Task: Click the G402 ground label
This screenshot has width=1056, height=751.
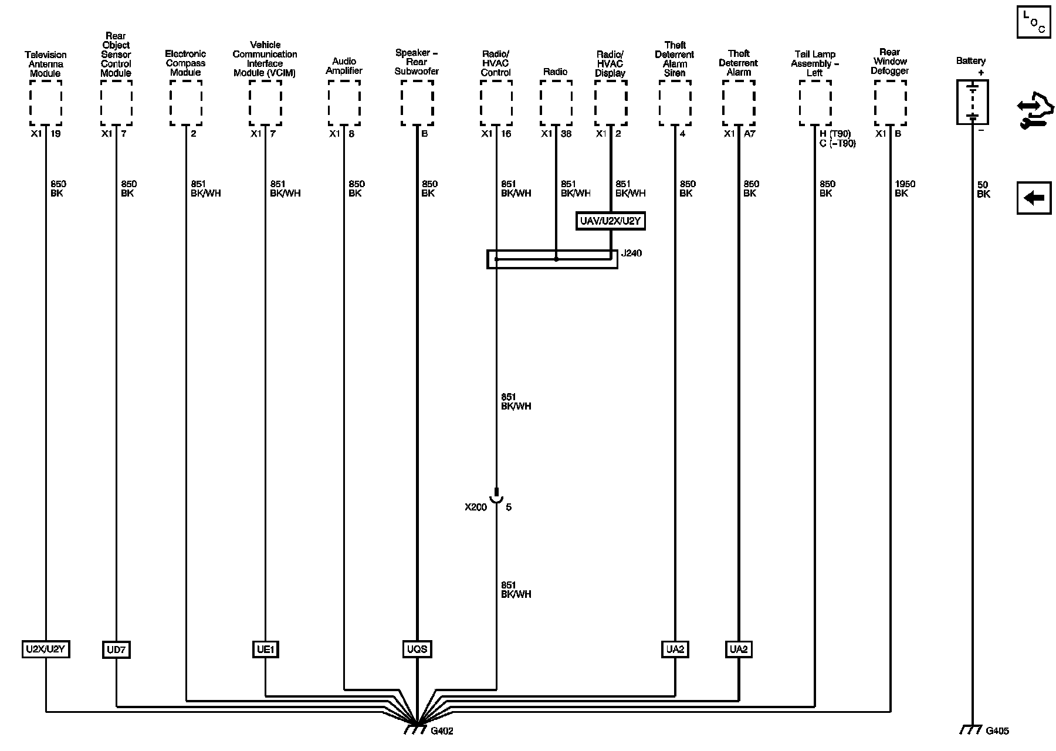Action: (442, 731)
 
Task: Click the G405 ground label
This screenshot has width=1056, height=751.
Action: (997, 731)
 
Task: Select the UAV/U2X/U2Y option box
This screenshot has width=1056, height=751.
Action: (611, 221)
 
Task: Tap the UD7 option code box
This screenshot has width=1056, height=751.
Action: (116, 649)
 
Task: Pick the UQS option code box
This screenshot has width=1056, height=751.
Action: (417, 649)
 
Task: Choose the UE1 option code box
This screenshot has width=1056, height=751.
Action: (265, 649)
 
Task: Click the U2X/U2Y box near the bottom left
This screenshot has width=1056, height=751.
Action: (46, 649)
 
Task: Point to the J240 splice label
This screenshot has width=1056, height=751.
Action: (631, 253)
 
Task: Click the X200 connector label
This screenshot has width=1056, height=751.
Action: (476, 507)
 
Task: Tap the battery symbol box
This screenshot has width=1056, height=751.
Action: (972, 102)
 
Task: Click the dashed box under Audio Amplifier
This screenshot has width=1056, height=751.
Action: (344, 103)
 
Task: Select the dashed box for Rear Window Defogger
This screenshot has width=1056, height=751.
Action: (890, 103)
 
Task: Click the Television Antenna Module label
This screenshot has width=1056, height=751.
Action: (46, 64)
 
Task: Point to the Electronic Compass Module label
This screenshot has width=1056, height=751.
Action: (185, 63)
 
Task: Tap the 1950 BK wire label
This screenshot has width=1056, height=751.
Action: (904, 188)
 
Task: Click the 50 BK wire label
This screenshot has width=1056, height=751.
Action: (983, 190)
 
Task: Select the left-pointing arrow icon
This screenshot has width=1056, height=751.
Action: (1034, 198)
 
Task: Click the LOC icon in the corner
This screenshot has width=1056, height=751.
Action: (1034, 22)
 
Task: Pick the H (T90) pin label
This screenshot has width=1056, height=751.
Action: (835, 134)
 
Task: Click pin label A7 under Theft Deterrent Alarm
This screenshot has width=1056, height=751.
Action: (749, 134)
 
